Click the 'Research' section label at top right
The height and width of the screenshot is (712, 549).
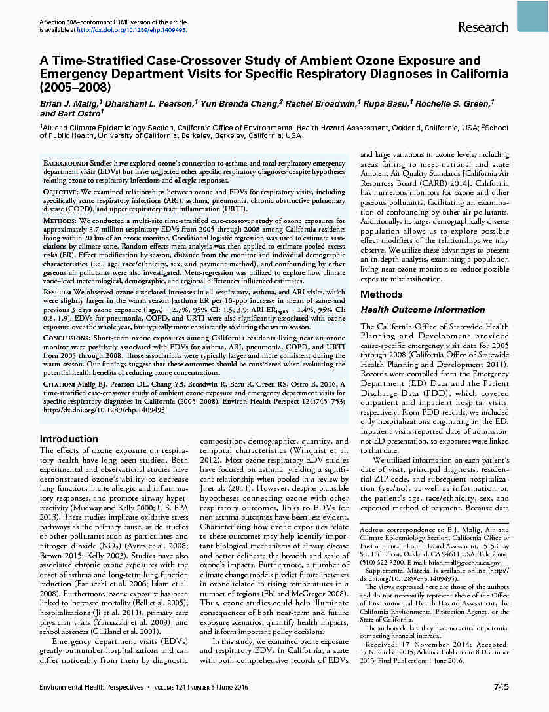[x=483, y=27]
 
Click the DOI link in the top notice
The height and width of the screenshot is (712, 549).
[x=132, y=30]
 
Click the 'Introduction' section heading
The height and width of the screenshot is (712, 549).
[x=69, y=439]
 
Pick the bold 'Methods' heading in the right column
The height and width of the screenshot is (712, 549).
[x=381, y=294]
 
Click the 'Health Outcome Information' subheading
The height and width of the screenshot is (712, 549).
[x=423, y=310]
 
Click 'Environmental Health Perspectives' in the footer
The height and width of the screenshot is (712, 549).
[x=90, y=686]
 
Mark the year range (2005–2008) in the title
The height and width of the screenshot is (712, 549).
[x=75, y=86]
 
